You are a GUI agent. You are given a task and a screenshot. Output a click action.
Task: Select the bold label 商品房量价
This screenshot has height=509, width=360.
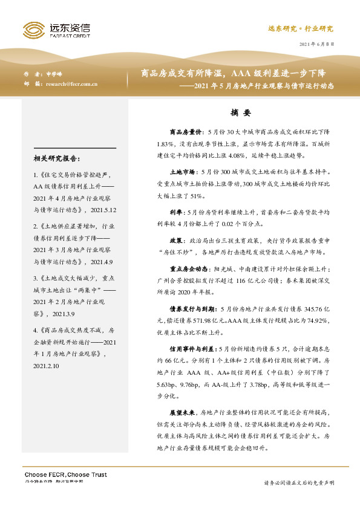click(186, 131)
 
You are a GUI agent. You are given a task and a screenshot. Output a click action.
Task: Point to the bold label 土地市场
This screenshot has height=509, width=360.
click(183, 172)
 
